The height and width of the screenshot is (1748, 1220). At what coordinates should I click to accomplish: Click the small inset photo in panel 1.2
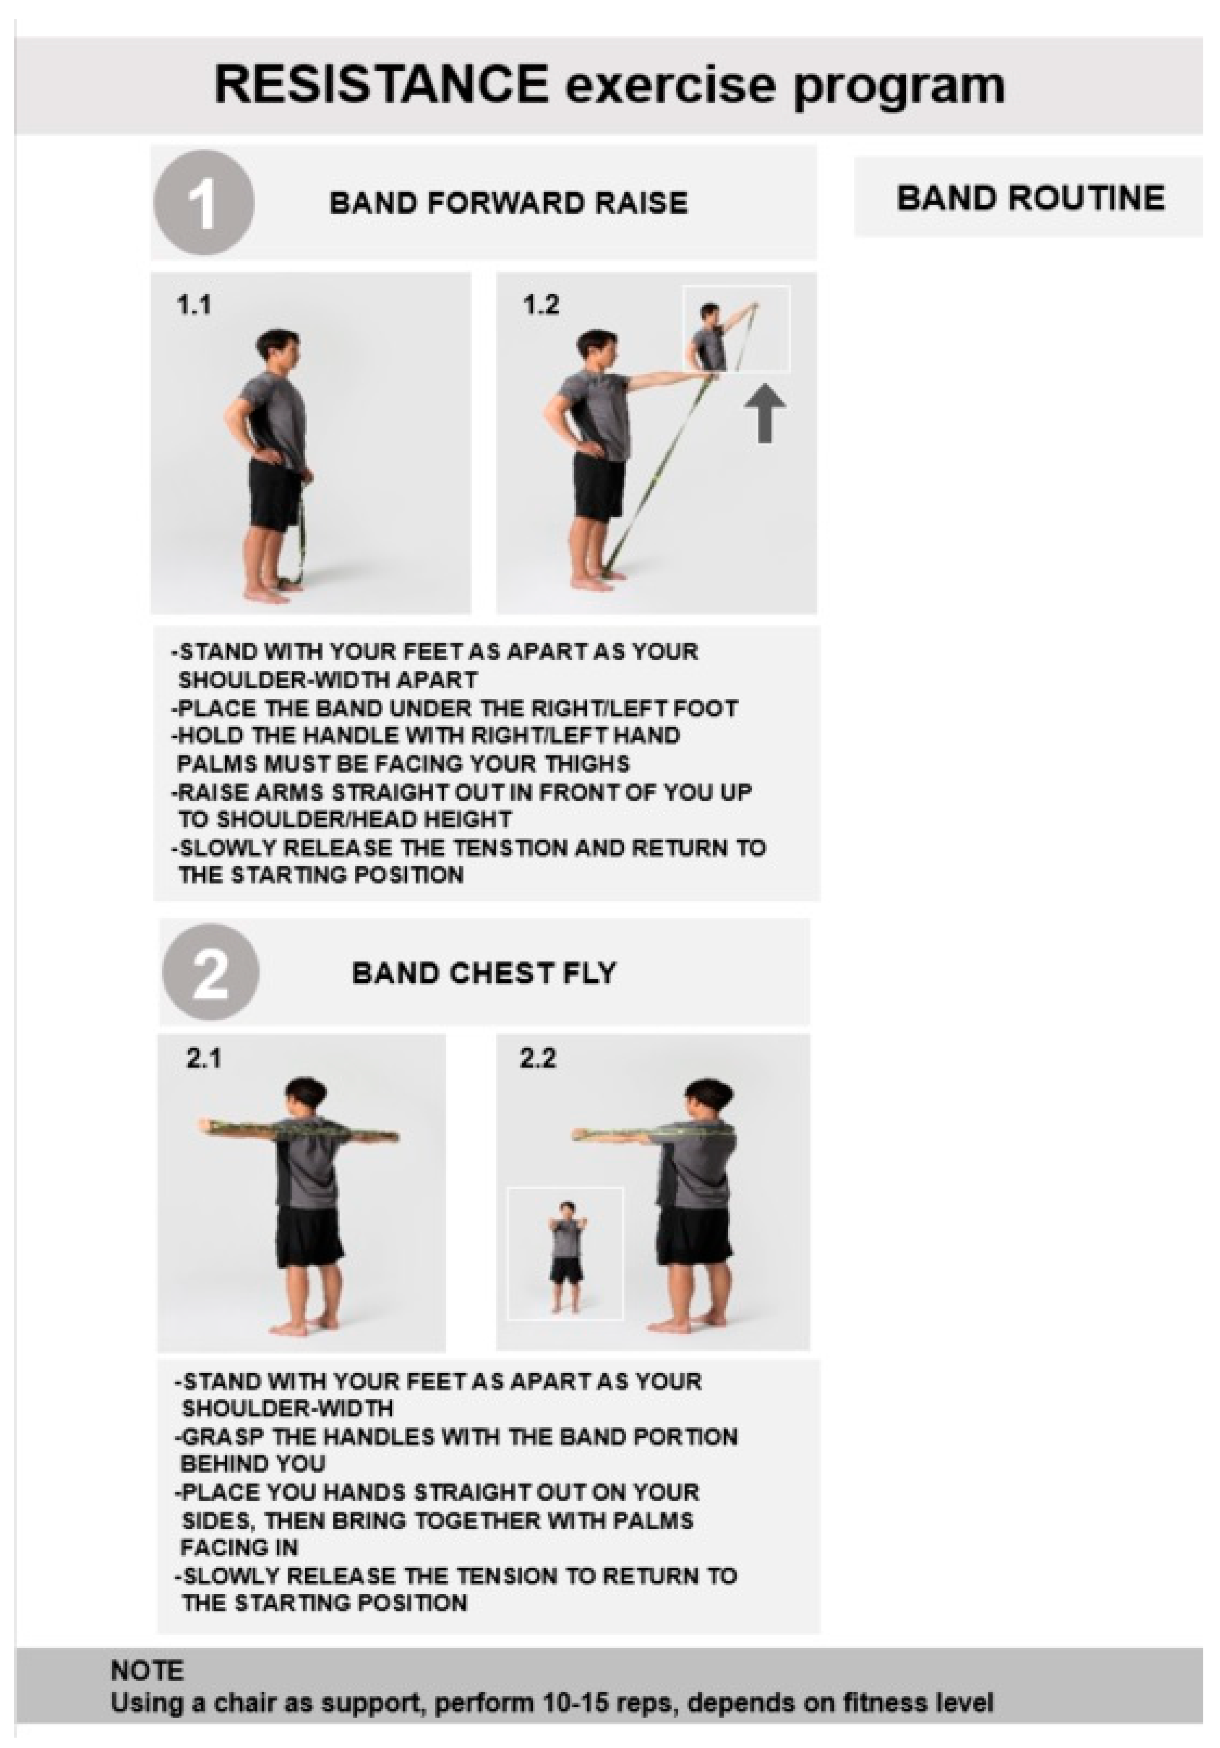pos(736,329)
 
